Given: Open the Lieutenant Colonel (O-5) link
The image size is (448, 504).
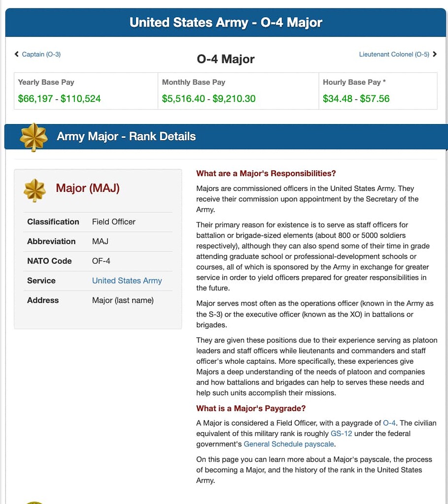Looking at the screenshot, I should point(394,54).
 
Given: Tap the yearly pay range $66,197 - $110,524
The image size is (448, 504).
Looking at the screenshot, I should point(59,98).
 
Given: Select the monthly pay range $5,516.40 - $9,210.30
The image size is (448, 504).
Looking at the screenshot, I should point(208,98).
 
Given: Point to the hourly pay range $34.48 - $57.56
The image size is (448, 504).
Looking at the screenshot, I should point(356,98).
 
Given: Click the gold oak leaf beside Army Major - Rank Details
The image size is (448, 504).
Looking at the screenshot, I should point(34,137).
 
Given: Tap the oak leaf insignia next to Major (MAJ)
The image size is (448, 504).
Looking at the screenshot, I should point(35,190).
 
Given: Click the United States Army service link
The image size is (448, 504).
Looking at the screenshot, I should point(127,281).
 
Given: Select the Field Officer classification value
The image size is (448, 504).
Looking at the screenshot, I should point(113,221).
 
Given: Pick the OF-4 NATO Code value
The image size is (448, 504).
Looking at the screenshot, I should point(103,261).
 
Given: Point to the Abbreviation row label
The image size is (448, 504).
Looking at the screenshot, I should point(51,241).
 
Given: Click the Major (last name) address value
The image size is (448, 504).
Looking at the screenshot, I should point(123,300).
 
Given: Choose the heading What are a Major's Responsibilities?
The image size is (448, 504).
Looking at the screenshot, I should point(266,173).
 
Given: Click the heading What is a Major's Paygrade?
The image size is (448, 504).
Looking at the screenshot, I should point(251,408).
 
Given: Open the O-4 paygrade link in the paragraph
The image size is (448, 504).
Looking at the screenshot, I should point(389,423).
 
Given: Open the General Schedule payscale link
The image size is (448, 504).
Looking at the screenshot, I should point(289,444).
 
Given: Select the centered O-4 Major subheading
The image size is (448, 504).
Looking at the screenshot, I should point(226,59).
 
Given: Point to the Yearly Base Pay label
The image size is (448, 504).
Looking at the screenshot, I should point(46,82).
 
